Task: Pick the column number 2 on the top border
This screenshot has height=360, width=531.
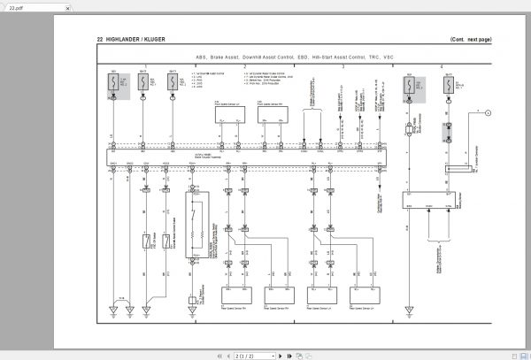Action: (244, 66)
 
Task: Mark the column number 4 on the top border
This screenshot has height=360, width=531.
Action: (442, 66)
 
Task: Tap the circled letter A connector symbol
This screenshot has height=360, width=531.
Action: (485, 111)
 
